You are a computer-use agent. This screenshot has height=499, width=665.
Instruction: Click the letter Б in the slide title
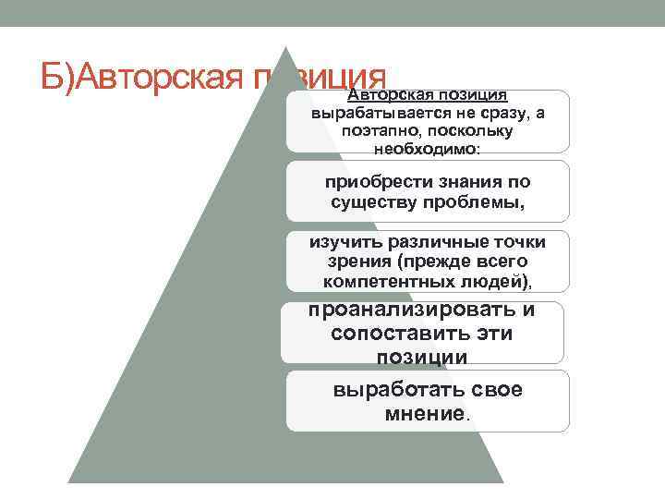click(x=52, y=77)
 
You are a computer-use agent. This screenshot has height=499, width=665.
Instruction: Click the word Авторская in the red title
click(x=160, y=78)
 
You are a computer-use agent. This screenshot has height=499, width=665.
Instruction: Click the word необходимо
click(x=427, y=149)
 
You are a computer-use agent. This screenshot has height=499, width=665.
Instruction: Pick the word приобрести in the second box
click(x=379, y=182)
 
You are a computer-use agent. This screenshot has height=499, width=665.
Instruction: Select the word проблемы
click(x=474, y=202)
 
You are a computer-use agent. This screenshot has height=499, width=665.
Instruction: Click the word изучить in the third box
click(x=345, y=243)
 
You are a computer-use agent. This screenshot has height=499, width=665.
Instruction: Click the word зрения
click(x=359, y=262)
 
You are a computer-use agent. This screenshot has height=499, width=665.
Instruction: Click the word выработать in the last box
click(x=399, y=390)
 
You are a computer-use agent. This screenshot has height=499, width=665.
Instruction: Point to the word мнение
click(x=425, y=414)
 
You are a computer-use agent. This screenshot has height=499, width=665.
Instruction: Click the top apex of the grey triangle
click(x=285, y=47)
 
